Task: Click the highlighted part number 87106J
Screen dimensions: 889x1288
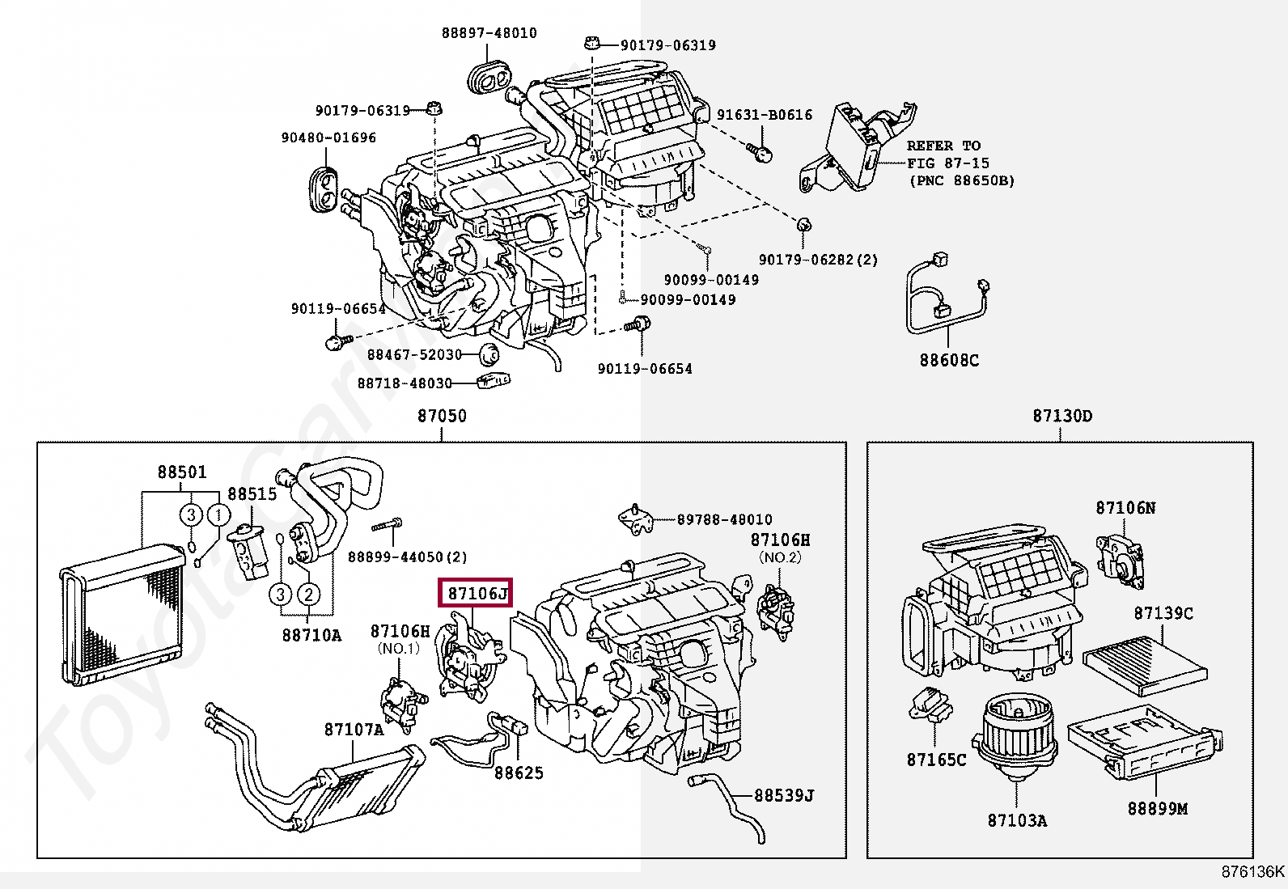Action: coord(477,593)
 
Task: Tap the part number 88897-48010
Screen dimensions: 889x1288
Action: coord(489,33)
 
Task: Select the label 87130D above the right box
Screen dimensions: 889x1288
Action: coord(1061,416)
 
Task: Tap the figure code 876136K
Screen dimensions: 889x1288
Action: coord(1252,871)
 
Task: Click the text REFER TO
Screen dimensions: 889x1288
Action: coord(943,146)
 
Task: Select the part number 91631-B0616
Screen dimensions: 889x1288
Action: coord(765,115)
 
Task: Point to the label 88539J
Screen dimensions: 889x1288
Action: coord(783,795)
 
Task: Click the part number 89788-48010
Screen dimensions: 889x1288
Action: coord(724,519)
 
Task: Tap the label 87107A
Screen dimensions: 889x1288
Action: coord(354,730)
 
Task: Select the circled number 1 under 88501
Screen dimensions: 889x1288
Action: coord(218,514)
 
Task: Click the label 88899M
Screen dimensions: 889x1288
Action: coord(1157,807)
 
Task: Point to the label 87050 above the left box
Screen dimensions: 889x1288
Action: coord(442,416)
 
